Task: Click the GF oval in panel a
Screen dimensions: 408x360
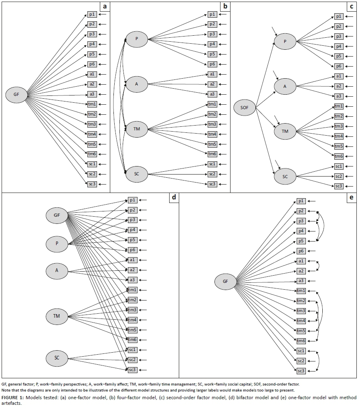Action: click(16, 95)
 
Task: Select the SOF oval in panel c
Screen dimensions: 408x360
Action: click(245, 108)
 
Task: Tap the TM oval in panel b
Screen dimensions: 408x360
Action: click(137, 129)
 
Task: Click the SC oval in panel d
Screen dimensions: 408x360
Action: click(57, 358)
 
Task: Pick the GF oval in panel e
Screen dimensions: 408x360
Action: click(225, 281)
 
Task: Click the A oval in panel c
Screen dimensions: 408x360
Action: click(285, 86)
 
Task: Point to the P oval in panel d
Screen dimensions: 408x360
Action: click(57, 243)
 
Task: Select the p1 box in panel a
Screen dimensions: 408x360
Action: click(92, 14)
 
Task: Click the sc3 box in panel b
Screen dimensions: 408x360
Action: click(212, 184)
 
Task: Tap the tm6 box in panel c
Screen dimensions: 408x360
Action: click(339, 156)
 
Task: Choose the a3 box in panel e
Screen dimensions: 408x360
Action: click(301, 281)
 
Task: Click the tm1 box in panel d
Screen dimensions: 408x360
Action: click(132, 290)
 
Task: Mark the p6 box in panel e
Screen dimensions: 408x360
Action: click(301, 251)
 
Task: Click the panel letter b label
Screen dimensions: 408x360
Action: click(225, 6)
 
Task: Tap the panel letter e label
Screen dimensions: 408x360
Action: click(351, 198)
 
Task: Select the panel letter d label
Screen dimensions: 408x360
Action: click(174, 198)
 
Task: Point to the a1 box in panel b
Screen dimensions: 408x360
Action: click(212, 74)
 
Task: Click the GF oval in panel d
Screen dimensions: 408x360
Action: click(57, 215)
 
